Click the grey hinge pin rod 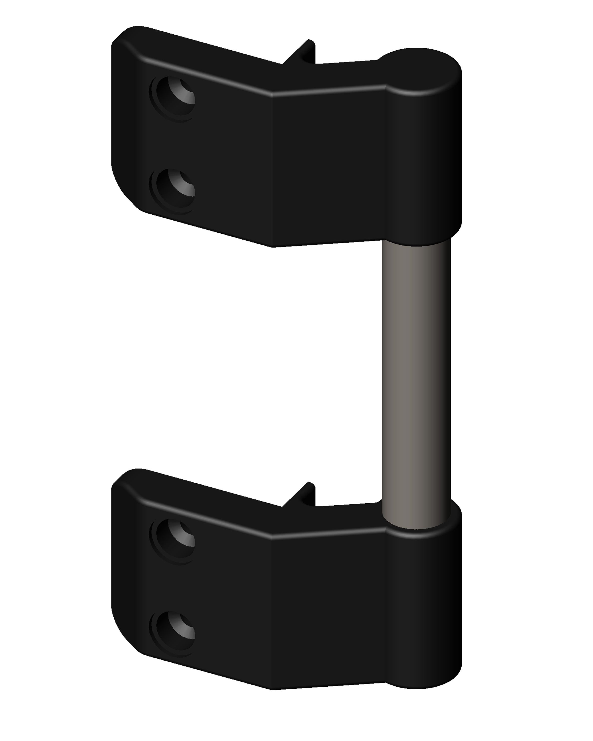416,378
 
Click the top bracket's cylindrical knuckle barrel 423,162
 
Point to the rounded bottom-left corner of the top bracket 126,192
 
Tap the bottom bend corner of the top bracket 273,246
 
